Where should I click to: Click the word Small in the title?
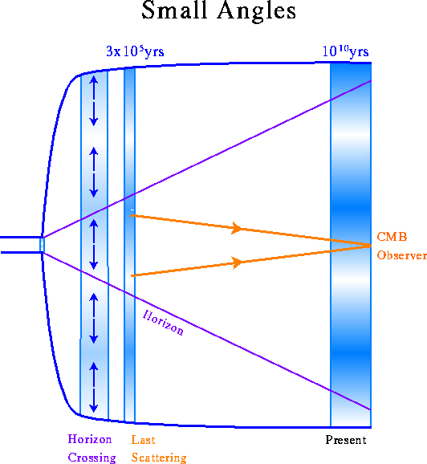pyautogui.click(x=173, y=10)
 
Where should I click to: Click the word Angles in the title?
pyautogui.click(x=257, y=12)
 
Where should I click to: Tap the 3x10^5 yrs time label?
pyautogui.click(x=135, y=51)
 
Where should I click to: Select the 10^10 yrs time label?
pyautogui.click(x=345, y=51)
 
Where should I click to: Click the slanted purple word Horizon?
pyautogui.click(x=163, y=323)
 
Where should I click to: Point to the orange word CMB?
pyautogui.click(x=392, y=237)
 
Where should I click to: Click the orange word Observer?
pyautogui.click(x=401, y=255)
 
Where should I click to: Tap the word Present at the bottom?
pyautogui.click(x=346, y=440)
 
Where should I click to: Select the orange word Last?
pyautogui.click(x=143, y=440)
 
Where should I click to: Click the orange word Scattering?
pyautogui.click(x=159, y=458)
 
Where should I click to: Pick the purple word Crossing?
pyautogui.click(x=91, y=458)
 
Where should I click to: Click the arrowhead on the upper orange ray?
pyautogui.click(x=237, y=228)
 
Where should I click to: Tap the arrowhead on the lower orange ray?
pyautogui.click(x=237, y=263)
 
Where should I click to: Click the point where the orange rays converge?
pyautogui.click(x=370, y=246)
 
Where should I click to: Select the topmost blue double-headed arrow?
pyautogui.click(x=94, y=101)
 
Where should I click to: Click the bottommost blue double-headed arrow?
pyautogui.click(x=94, y=388)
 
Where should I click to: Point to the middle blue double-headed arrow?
pyautogui.click(x=94, y=244)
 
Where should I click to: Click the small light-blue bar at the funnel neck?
pyautogui.click(x=42, y=245)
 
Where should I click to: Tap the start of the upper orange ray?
pyautogui.click(x=132, y=215)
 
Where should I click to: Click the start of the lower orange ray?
pyautogui.click(x=132, y=276)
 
